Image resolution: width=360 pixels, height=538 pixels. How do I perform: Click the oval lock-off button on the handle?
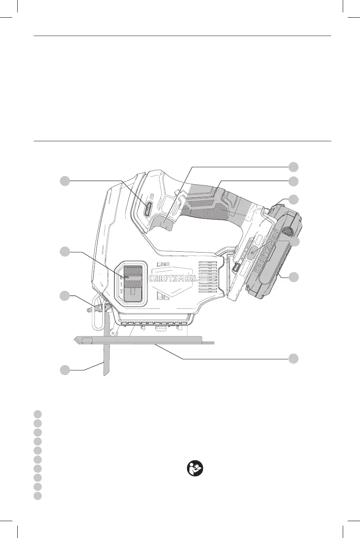[148, 209]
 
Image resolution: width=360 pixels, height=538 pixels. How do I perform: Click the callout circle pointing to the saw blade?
[65, 370]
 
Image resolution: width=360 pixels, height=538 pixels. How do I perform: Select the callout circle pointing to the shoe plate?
[293, 358]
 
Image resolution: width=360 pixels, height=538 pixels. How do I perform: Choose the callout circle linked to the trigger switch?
[293, 167]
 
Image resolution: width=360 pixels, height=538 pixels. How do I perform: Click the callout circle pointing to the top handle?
[293, 181]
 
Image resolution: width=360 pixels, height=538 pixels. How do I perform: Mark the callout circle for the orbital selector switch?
[65, 252]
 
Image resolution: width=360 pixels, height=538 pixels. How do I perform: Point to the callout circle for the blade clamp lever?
[65, 295]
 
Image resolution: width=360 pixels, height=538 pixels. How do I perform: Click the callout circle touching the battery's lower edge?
[293, 277]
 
